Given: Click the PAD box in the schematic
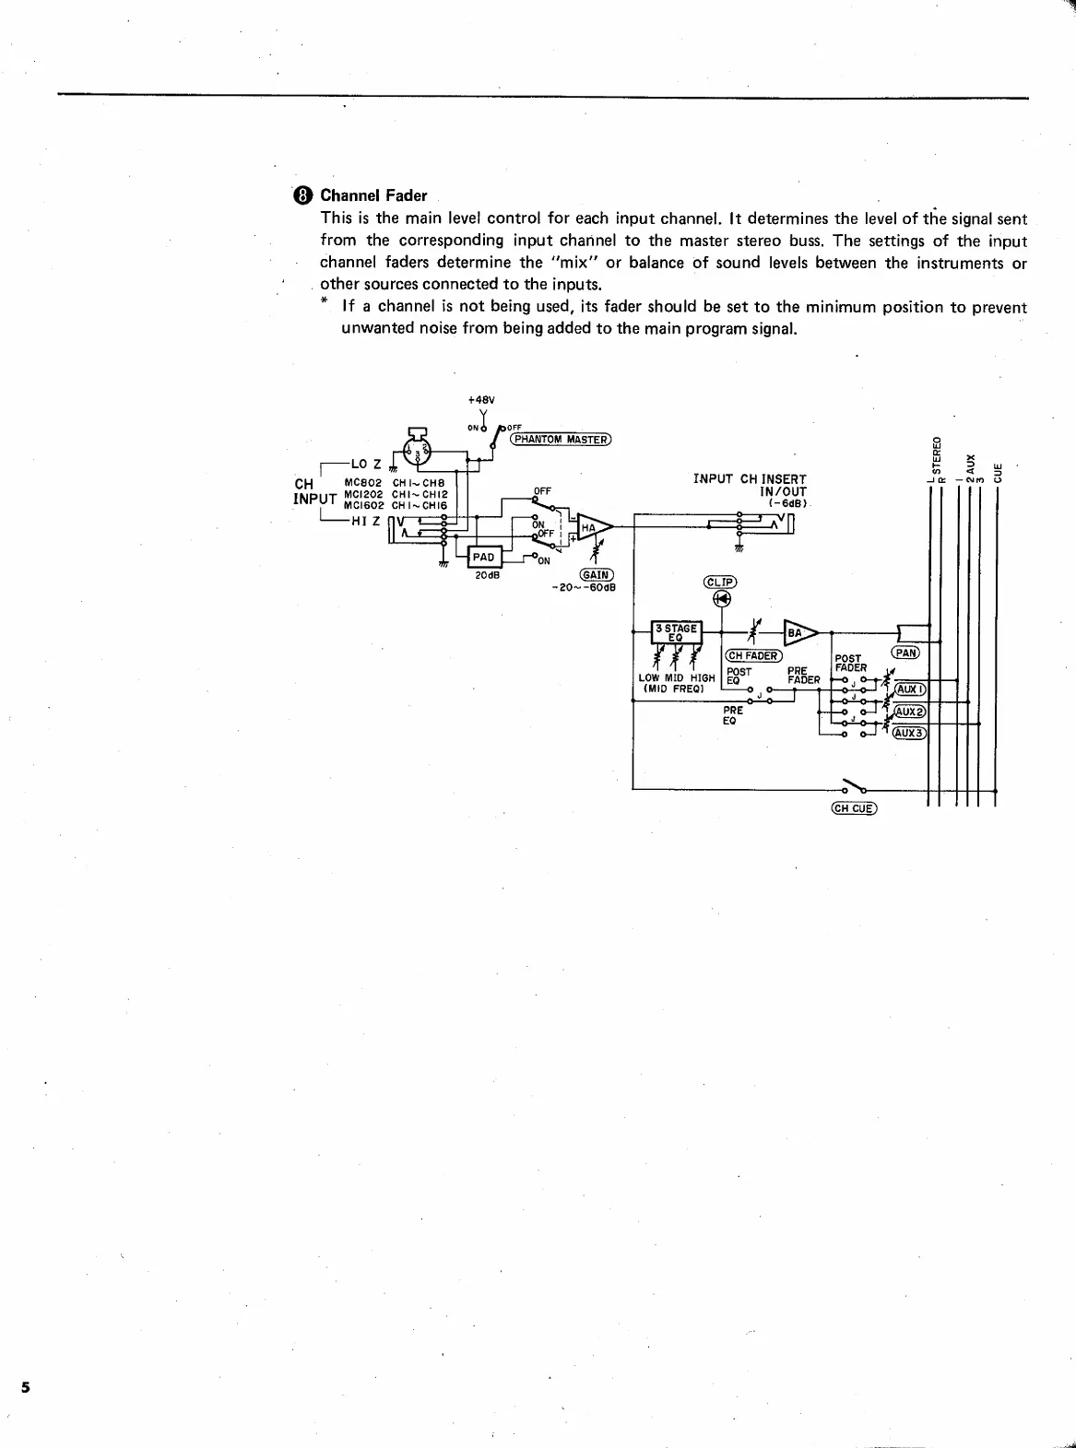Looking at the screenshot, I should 484,557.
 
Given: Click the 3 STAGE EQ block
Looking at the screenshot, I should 677,632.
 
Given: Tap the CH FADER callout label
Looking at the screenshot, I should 754,655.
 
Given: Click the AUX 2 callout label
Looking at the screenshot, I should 910,711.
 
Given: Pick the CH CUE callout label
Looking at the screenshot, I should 854,808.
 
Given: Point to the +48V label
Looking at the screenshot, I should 481,400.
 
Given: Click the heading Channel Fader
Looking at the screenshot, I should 373,195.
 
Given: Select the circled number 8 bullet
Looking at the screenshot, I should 303,195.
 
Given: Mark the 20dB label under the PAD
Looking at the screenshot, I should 487,576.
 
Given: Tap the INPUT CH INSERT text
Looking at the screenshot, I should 750,479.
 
